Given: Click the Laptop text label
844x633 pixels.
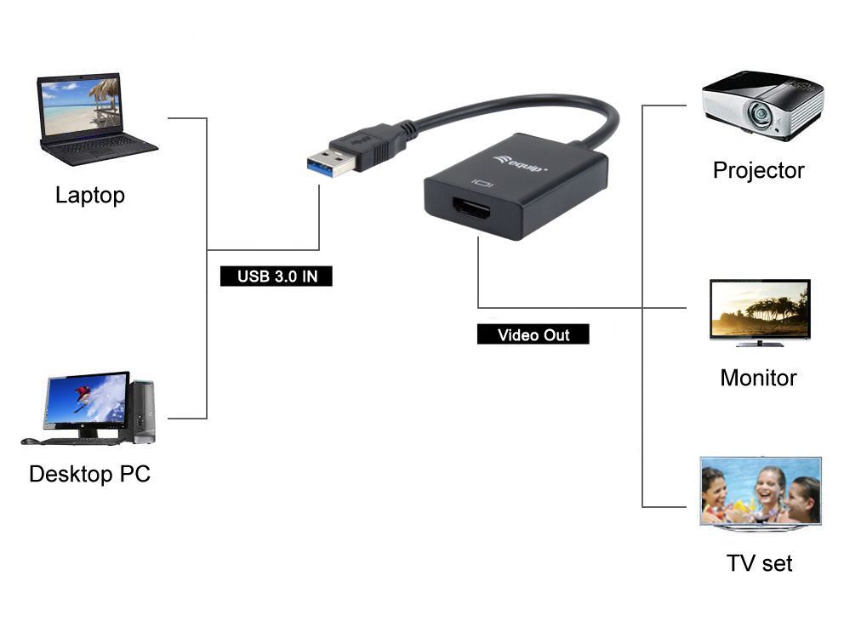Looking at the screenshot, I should point(89,195).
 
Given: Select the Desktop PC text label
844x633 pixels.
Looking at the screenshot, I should point(89,474).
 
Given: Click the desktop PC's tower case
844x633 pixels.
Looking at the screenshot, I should point(143,411).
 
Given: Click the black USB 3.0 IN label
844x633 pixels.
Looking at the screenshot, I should point(276,277).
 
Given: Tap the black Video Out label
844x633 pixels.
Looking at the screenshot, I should point(533,334).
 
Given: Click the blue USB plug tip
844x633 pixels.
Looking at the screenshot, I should point(331,163).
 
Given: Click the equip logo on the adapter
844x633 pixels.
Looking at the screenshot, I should point(520,163).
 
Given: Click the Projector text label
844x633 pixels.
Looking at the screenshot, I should point(758,170).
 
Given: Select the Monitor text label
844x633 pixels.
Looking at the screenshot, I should point(758,378).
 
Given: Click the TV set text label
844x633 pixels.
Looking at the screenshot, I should point(759,563).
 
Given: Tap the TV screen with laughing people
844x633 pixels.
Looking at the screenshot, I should point(760,491).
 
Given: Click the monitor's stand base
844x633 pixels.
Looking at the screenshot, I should point(760,344).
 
